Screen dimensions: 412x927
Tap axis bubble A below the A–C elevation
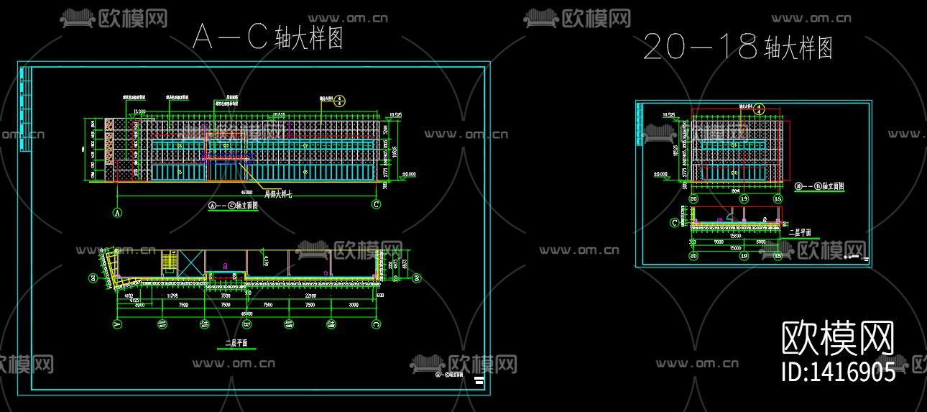pyautogui.click(x=116, y=212)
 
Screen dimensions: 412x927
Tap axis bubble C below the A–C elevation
pyautogui.click(x=376, y=205)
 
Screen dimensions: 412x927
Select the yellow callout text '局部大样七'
pyautogui.click(x=281, y=193)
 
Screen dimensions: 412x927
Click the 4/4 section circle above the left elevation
pyautogui.click(x=341, y=101)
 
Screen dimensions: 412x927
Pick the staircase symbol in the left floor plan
pyautogui.click(x=170, y=262)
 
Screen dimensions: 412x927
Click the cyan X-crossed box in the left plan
pyautogui.click(x=190, y=262)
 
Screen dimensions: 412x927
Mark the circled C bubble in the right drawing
pyautogui.click(x=674, y=223)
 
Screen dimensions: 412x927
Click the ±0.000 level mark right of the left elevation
pyautogui.click(x=409, y=173)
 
